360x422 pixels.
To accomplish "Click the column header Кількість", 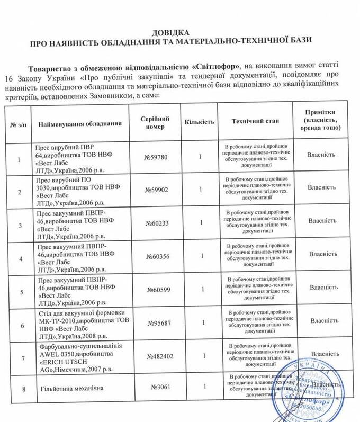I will (x=199, y=122).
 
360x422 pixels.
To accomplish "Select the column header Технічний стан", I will (x=255, y=121).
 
